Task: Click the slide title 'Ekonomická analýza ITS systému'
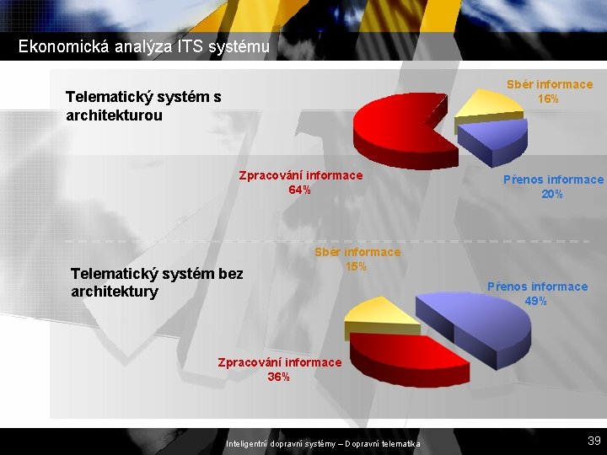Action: tap(144, 47)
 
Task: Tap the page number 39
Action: tap(594, 440)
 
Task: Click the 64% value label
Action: tap(299, 190)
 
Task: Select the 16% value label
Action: tap(549, 99)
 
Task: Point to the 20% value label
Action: tap(553, 194)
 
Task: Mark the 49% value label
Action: tap(536, 301)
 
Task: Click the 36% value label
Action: tap(279, 377)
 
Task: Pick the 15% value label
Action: tap(357, 267)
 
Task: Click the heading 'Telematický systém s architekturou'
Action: tap(143, 106)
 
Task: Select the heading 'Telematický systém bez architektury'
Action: tap(157, 282)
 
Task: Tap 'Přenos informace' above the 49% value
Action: tap(537, 286)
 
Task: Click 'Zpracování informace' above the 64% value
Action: tap(300, 175)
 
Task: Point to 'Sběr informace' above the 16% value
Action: tap(549, 84)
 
